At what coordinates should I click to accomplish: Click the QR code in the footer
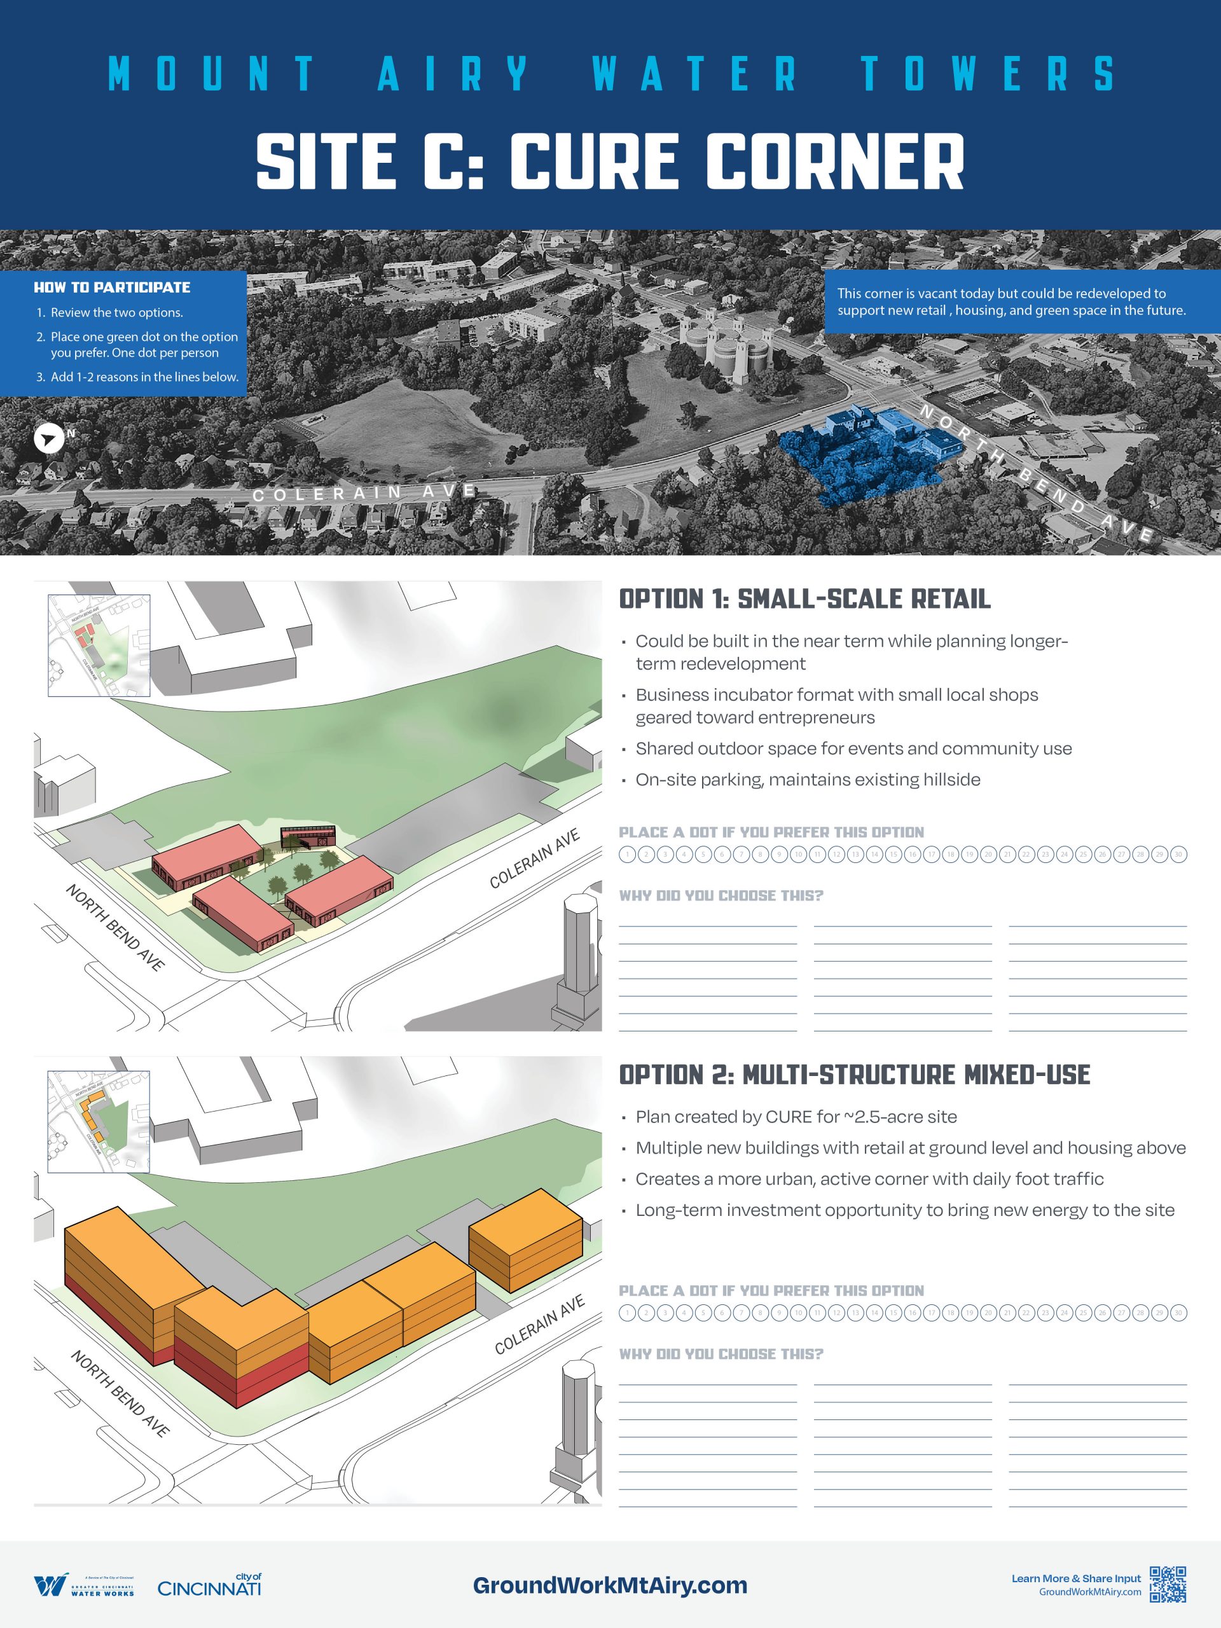[1168, 1584]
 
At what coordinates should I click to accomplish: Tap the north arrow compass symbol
[48, 439]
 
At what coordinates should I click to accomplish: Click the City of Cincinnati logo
[209, 1585]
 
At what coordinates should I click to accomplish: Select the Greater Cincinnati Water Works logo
[84, 1585]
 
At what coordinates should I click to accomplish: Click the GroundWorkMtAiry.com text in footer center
[609, 1585]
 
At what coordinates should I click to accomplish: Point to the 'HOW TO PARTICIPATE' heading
[112, 288]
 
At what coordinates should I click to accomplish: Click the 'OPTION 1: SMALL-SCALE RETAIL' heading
[804, 599]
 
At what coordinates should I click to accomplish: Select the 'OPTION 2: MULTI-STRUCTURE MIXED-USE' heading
[855, 1075]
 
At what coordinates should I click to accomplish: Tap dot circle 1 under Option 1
[627, 855]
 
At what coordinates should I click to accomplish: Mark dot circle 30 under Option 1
[1178, 855]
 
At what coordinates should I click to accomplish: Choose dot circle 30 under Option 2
[1178, 1313]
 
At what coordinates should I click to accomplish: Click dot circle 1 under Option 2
[627, 1313]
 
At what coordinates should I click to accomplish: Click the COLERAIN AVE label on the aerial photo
[364, 492]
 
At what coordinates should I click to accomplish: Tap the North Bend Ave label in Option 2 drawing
[120, 1393]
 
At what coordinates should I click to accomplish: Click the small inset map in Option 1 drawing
[99, 645]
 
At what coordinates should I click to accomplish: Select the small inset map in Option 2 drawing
[99, 1122]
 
